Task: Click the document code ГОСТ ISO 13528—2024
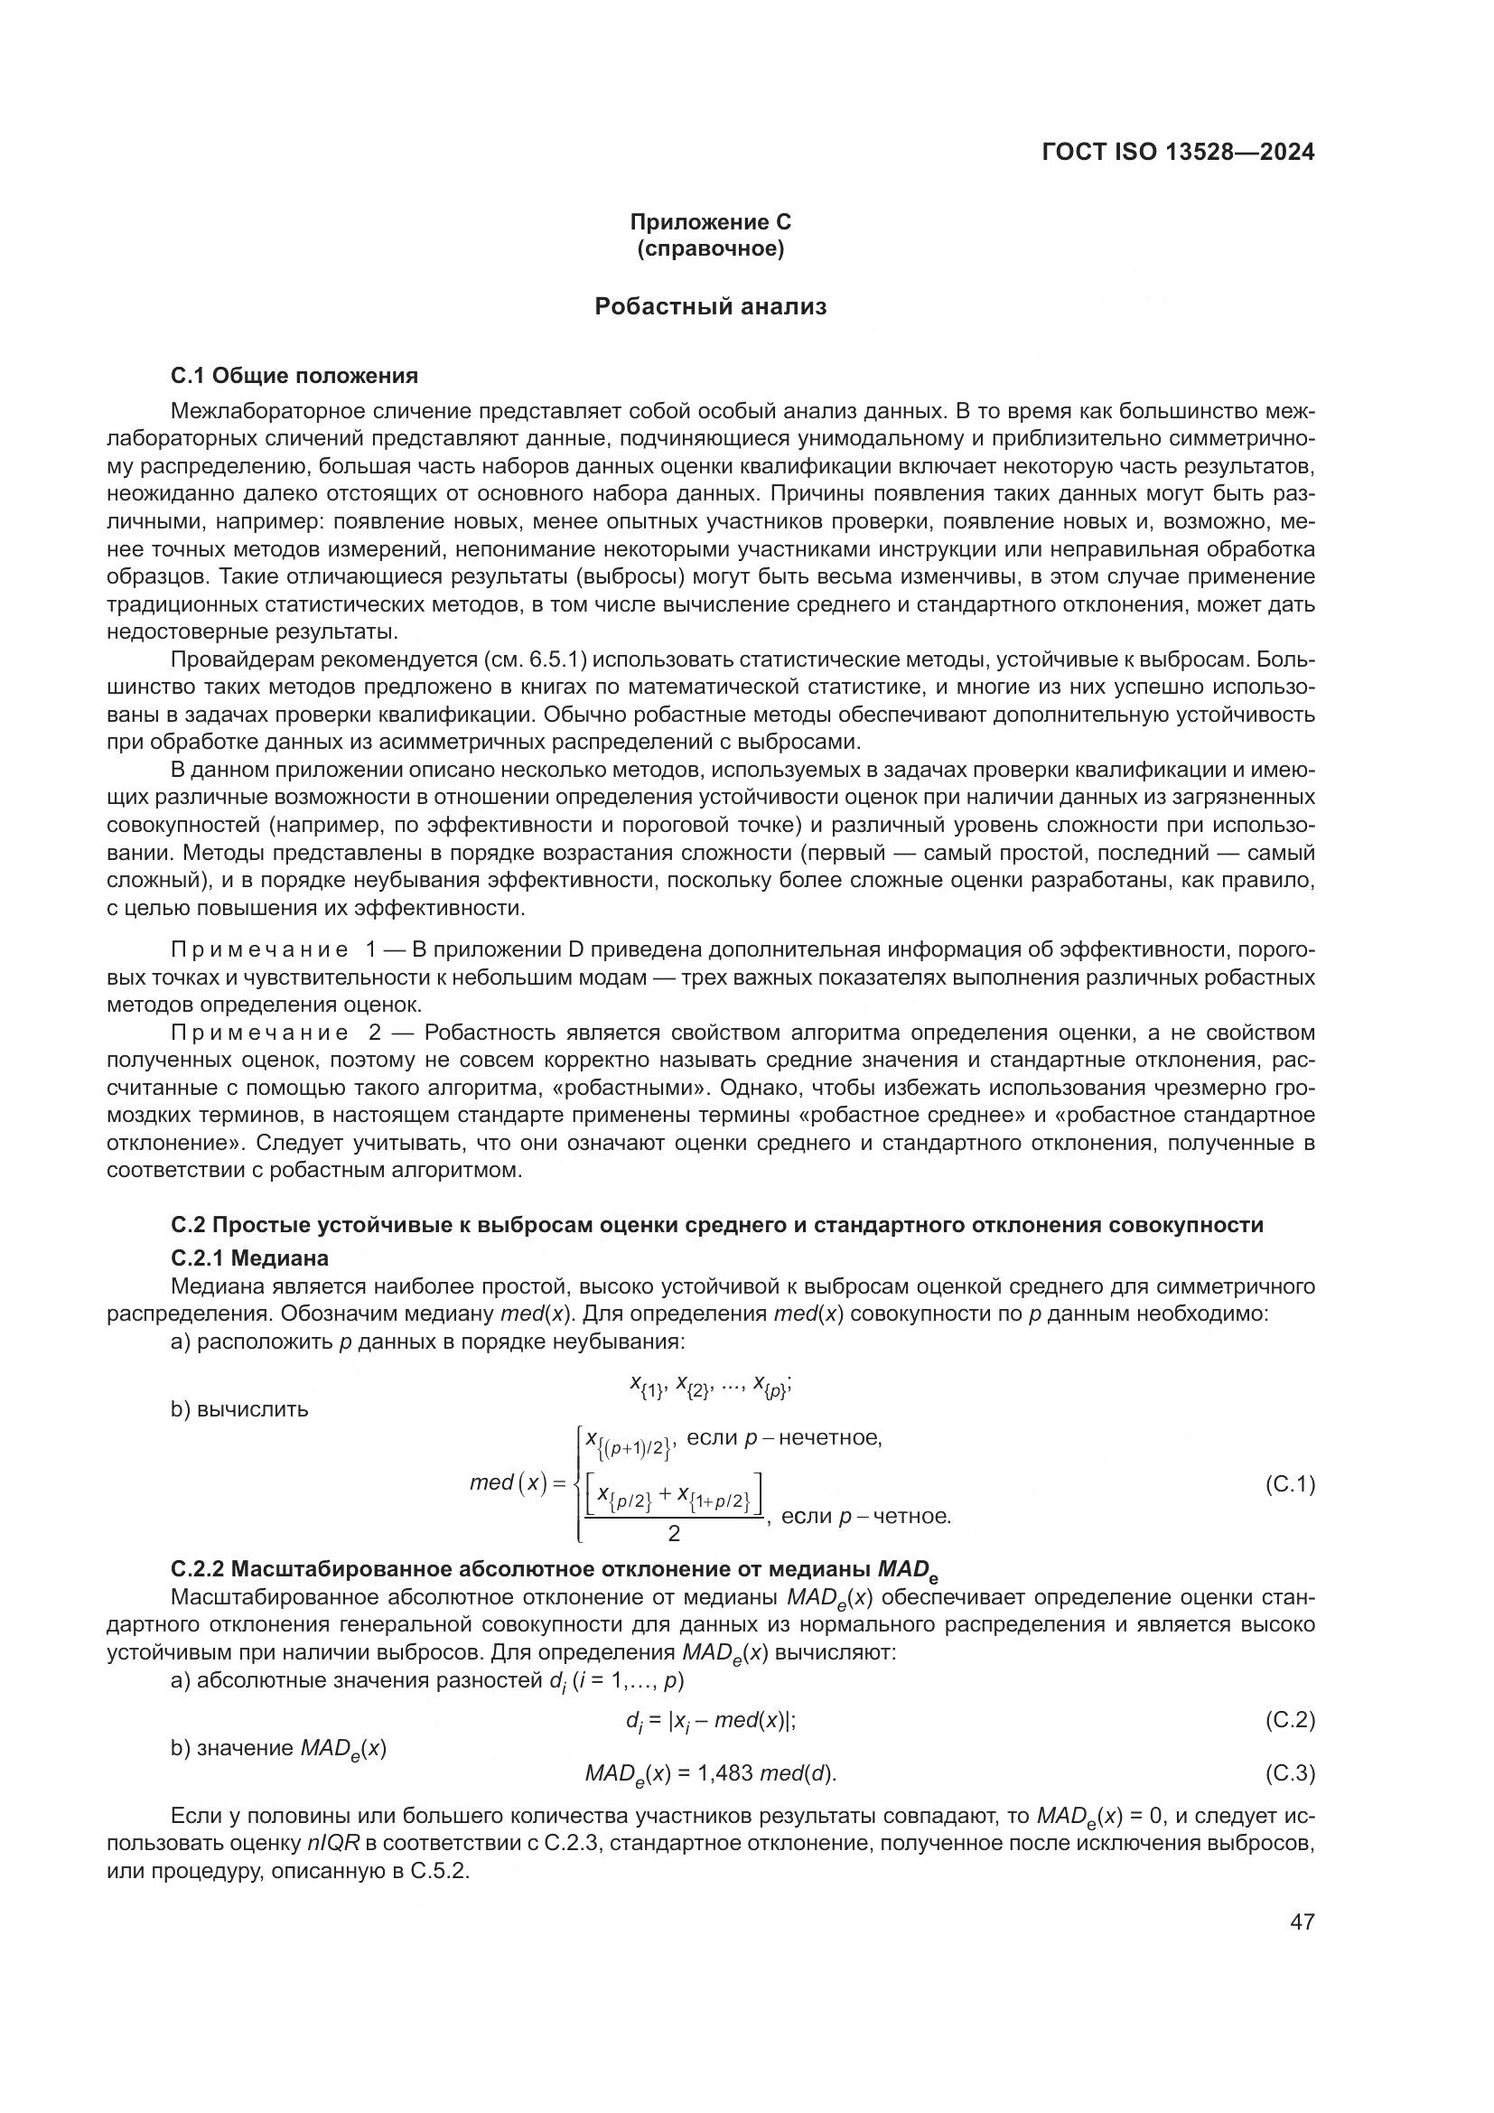pyautogui.click(x=1178, y=153)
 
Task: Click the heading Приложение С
pyautogui.click(x=710, y=222)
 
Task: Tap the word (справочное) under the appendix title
pyautogui.click(x=710, y=249)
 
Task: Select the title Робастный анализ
pyautogui.click(x=710, y=306)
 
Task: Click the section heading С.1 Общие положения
pyautogui.click(x=294, y=376)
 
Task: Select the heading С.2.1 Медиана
pyautogui.click(x=249, y=1258)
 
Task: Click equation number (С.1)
pyautogui.click(x=1290, y=1484)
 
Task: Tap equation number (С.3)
pyautogui.click(x=1290, y=1773)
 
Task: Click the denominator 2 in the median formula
pyautogui.click(x=674, y=1533)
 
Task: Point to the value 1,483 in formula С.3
pyautogui.click(x=726, y=1773)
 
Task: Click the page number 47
pyautogui.click(x=1302, y=1921)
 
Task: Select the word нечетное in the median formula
pyautogui.click(x=830, y=1438)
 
